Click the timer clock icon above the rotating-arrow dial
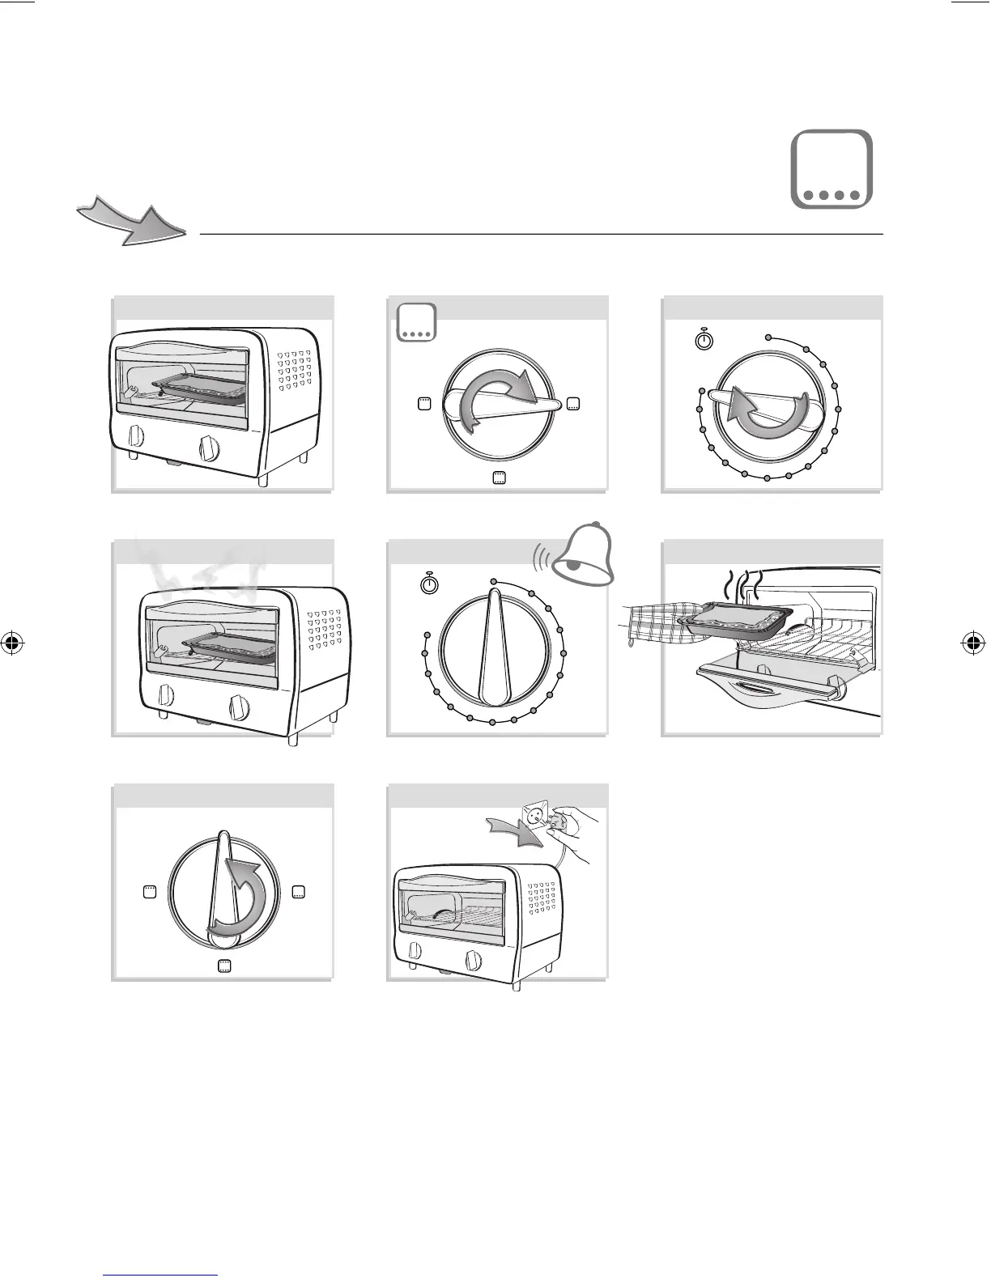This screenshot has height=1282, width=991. (x=704, y=339)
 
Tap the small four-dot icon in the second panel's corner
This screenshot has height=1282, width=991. (x=416, y=322)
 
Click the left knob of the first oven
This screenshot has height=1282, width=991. (x=136, y=437)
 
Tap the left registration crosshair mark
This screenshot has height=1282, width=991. (x=14, y=644)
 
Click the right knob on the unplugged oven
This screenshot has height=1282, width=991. (x=473, y=960)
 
